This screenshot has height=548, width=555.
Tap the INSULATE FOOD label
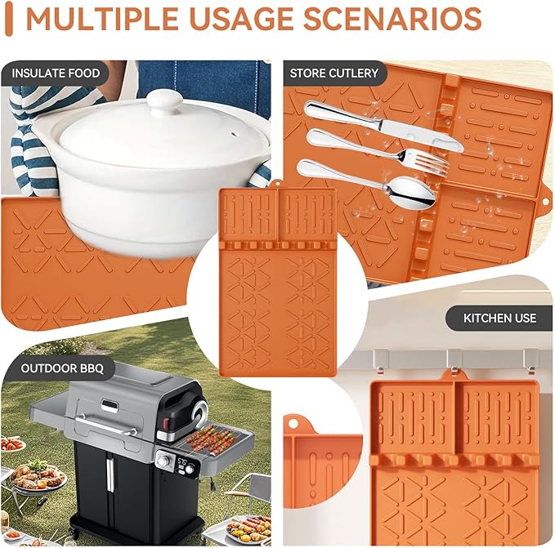56,74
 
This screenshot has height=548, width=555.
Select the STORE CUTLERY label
334,74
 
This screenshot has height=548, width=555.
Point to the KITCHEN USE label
499,318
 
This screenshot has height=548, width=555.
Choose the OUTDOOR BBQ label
62,368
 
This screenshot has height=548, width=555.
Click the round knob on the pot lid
165,102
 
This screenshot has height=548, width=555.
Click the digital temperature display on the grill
182,461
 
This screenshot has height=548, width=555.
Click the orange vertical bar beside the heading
9,20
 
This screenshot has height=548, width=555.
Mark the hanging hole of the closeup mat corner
293,423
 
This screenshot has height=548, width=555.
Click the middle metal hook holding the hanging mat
453,361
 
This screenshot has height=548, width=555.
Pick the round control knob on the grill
163,461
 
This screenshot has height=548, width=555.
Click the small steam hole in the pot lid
233,135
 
